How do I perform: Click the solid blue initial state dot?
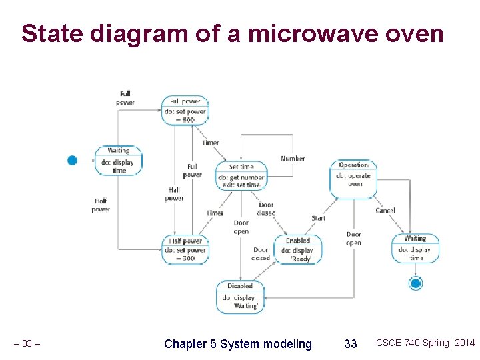click(73, 160)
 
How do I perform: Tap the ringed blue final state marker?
click(416, 283)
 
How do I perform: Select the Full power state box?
click(185, 111)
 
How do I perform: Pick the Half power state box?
click(185, 249)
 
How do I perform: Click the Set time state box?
click(241, 175)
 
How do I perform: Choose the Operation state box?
click(354, 178)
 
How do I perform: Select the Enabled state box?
click(297, 249)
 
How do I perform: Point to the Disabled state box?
click(240, 296)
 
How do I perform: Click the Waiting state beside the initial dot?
click(119, 161)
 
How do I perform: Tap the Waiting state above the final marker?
click(415, 248)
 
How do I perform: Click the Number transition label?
click(292, 159)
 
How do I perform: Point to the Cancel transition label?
click(385, 211)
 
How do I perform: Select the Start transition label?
click(318, 218)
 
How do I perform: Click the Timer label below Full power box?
click(211, 143)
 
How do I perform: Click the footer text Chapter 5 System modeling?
click(238, 344)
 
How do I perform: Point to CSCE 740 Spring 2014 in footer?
click(425, 343)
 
